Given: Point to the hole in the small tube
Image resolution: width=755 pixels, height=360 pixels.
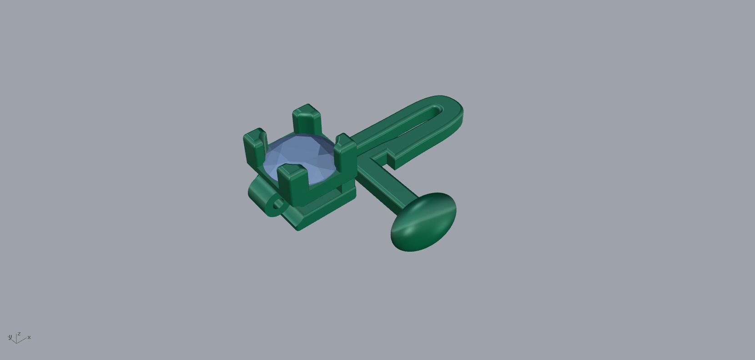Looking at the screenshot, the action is tap(278, 204).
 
